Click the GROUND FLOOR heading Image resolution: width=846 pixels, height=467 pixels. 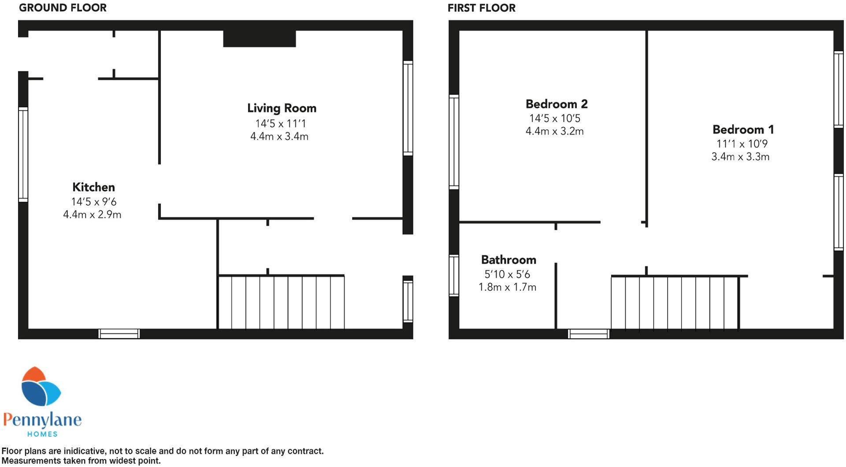[63, 8]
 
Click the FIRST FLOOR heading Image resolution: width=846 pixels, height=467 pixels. [481, 8]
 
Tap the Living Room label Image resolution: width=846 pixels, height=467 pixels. [282, 108]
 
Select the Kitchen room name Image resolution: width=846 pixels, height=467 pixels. [93, 187]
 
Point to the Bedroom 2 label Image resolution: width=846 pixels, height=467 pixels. [556, 104]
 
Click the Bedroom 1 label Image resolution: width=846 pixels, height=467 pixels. [743, 130]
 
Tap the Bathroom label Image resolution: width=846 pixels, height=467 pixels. [508, 260]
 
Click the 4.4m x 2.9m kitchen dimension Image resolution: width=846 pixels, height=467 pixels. [92, 215]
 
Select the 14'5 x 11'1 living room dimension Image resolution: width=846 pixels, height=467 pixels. [281, 123]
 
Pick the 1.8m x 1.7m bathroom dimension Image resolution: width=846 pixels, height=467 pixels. [507, 288]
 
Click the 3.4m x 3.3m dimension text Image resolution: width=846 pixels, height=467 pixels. [740, 157]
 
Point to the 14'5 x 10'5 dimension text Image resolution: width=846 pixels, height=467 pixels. [555, 119]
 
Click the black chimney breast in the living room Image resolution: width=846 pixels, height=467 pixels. [259, 39]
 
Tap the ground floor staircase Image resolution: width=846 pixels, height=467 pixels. [281, 303]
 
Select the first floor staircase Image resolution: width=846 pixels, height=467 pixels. [674, 303]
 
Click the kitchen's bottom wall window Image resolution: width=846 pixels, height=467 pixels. [119, 334]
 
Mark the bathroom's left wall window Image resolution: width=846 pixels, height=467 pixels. [454, 275]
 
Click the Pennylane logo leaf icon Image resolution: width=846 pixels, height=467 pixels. [41, 387]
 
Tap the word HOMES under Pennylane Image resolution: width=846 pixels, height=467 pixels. [42, 434]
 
